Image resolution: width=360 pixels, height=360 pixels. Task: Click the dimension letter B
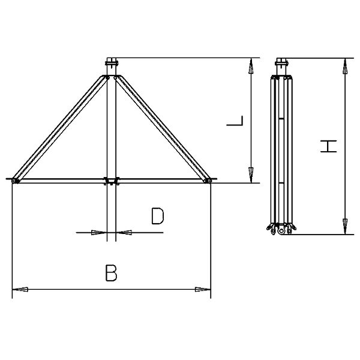tap(111, 273)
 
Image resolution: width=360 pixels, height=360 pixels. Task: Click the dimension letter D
tap(157, 216)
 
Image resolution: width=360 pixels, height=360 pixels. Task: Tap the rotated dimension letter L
tap(235, 121)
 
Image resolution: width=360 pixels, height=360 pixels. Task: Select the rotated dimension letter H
tap(329, 146)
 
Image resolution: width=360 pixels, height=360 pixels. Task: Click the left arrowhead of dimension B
tap(20, 289)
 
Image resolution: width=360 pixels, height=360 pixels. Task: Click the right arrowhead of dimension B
tap(203, 289)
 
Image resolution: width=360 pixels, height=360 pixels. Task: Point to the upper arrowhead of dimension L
tap(251, 66)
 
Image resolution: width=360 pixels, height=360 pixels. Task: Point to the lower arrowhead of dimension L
tap(251, 175)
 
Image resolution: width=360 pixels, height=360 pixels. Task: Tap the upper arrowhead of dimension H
tap(345, 66)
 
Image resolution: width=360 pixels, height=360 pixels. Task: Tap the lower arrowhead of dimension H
tap(345, 227)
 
